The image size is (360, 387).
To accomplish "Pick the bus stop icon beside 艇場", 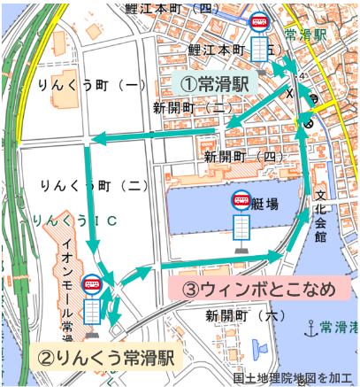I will point(241,221).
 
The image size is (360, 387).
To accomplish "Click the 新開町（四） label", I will point(244,156).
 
